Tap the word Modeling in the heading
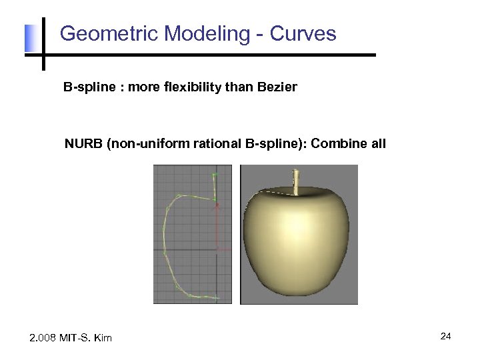tap(201, 33)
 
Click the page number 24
tap(445, 337)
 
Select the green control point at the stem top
tap(214, 175)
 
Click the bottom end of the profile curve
tap(217, 296)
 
